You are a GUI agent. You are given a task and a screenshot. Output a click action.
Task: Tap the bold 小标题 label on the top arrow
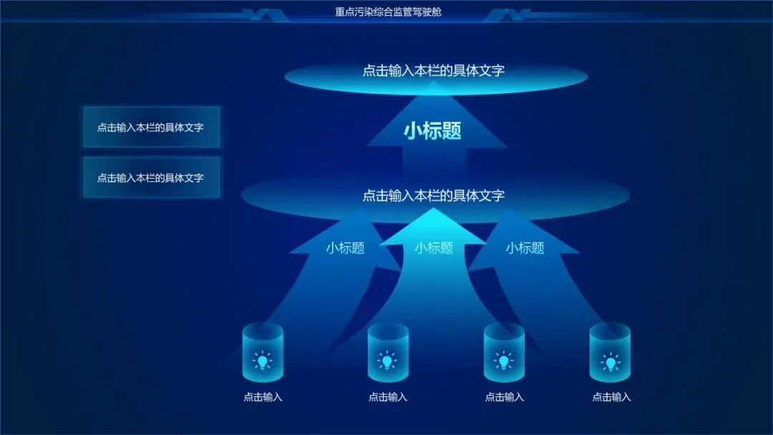(432, 130)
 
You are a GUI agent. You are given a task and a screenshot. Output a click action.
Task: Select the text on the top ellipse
(434, 71)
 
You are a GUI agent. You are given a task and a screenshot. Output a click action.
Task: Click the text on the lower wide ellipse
(434, 195)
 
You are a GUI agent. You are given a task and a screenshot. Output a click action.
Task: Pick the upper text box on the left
(151, 127)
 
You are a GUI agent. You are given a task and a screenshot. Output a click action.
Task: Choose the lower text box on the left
(151, 177)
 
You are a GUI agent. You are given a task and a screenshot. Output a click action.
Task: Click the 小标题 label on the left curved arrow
(345, 248)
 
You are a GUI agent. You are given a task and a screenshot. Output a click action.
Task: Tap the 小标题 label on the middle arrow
(434, 248)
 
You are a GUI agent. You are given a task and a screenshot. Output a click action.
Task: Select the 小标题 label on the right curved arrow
(525, 248)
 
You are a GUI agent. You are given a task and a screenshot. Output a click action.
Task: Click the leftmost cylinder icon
(263, 352)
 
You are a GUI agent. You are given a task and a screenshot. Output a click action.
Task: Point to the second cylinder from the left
(388, 352)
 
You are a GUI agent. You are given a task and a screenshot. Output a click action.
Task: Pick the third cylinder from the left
(504, 352)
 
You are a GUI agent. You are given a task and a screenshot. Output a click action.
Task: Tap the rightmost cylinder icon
(610, 352)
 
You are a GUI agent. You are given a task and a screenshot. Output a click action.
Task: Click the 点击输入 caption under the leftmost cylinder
(263, 397)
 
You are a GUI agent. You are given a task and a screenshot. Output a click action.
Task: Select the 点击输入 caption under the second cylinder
(388, 397)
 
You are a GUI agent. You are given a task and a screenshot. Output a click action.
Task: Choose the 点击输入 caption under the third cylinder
(504, 397)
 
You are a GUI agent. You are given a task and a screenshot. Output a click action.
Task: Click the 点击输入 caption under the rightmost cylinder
(611, 397)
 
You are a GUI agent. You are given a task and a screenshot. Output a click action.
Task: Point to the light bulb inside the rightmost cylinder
(610, 362)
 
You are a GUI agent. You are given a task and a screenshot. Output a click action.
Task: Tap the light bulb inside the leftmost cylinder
(263, 361)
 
